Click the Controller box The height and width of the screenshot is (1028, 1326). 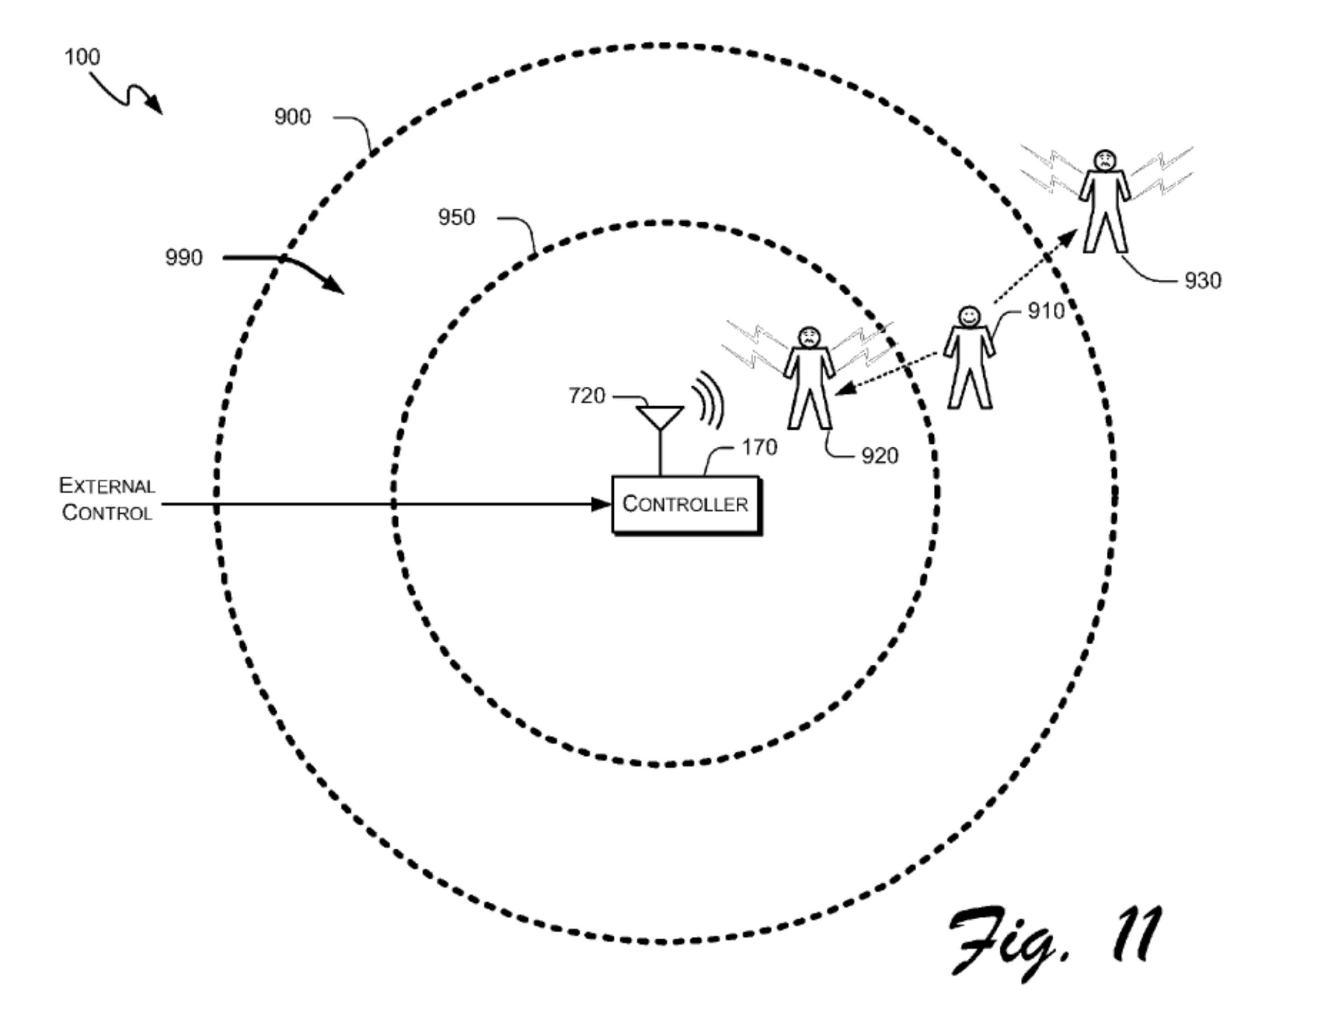coord(686,505)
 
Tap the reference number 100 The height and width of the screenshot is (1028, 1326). coord(82,57)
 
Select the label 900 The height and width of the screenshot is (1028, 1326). coord(293,117)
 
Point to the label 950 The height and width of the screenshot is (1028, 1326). coord(457,217)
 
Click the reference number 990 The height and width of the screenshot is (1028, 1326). coord(184,258)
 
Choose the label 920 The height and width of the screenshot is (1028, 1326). coord(880,456)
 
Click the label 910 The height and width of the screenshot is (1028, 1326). coord(1046,311)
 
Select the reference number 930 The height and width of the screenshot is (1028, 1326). coord(1203,280)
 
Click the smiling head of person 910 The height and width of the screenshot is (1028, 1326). coord(969,316)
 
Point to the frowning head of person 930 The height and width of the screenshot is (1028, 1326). coord(1105,160)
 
